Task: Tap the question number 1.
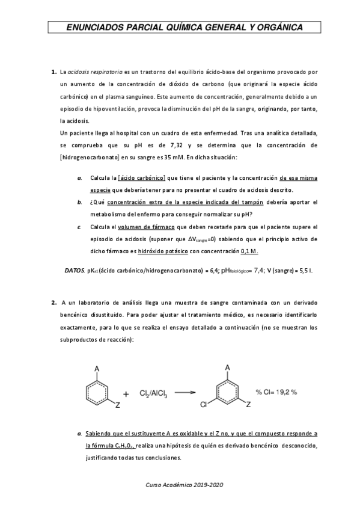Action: point(53,72)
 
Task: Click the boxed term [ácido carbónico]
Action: point(142,179)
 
